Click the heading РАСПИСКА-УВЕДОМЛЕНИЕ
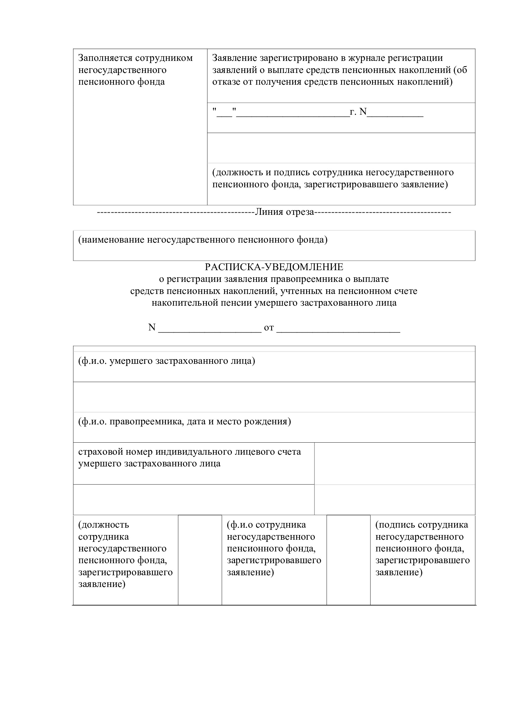[x=274, y=267]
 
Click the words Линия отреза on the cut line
[x=284, y=212]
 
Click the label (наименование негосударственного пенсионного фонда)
[x=203, y=240]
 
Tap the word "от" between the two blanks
[x=269, y=328]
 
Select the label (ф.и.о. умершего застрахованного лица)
[x=167, y=361]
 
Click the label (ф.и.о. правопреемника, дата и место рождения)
[x=184, y=421]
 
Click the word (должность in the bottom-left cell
[x=103, y=525]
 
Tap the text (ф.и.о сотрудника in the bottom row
[x=267, y=525]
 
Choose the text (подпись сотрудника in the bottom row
[x=422, y=525]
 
